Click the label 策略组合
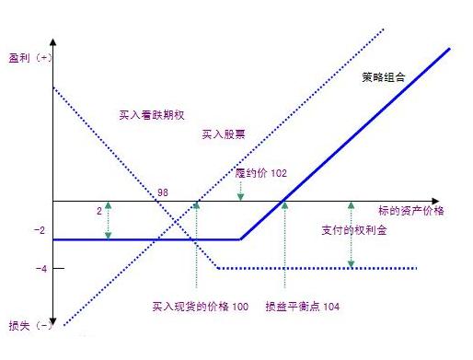point(384,77)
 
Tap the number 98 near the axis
point(163,192)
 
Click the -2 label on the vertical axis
point(38,230)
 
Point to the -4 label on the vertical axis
point(38,269)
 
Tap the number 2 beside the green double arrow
point(98,211)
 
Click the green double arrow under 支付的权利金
point(352,235)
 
